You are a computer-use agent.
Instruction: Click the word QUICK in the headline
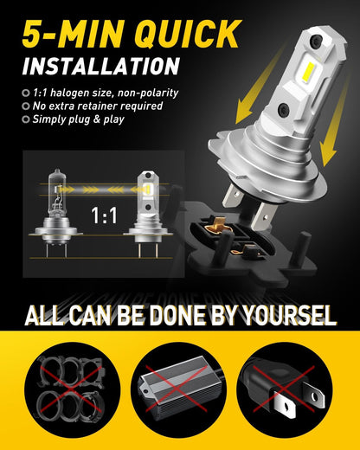coord(188,34)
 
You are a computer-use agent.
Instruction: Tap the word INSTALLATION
coord(101,67)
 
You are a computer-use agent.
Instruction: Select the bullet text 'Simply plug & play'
coord(78,119)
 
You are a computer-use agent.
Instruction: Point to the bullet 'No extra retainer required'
coord(98,106)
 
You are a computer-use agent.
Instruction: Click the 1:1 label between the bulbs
coord(104,215)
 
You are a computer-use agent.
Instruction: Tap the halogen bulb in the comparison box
coord(57,212)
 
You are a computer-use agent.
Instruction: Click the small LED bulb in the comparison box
coord(148,214)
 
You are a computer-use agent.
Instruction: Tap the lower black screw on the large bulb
coord(284,108)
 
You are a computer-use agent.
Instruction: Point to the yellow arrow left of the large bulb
coord(259,87)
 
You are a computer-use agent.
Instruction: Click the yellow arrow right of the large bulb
coord(336,121)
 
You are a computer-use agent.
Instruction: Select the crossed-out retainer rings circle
coord(72,389)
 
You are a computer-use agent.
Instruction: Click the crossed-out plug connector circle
coord(285,389)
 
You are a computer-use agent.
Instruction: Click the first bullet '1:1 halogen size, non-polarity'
coord(106,93)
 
